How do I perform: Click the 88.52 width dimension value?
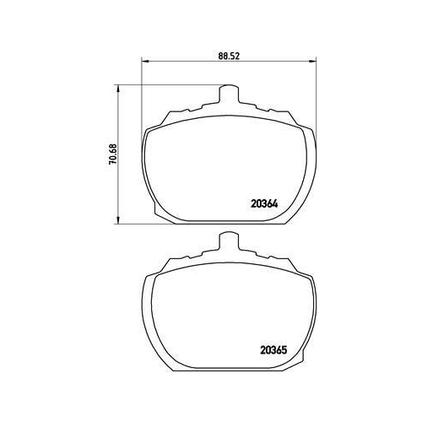point(229,56)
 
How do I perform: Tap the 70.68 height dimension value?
point(112,154)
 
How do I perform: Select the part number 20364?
point(264,203)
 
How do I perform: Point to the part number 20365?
point(273,350)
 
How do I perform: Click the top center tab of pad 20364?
point(229,94)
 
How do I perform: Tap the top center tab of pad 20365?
point(229,241)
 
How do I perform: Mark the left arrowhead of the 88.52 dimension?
point(144,61)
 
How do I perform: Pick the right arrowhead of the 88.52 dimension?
point(313,61)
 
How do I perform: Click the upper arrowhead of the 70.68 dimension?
point(118,89)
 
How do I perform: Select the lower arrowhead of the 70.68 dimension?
point(118,220)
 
